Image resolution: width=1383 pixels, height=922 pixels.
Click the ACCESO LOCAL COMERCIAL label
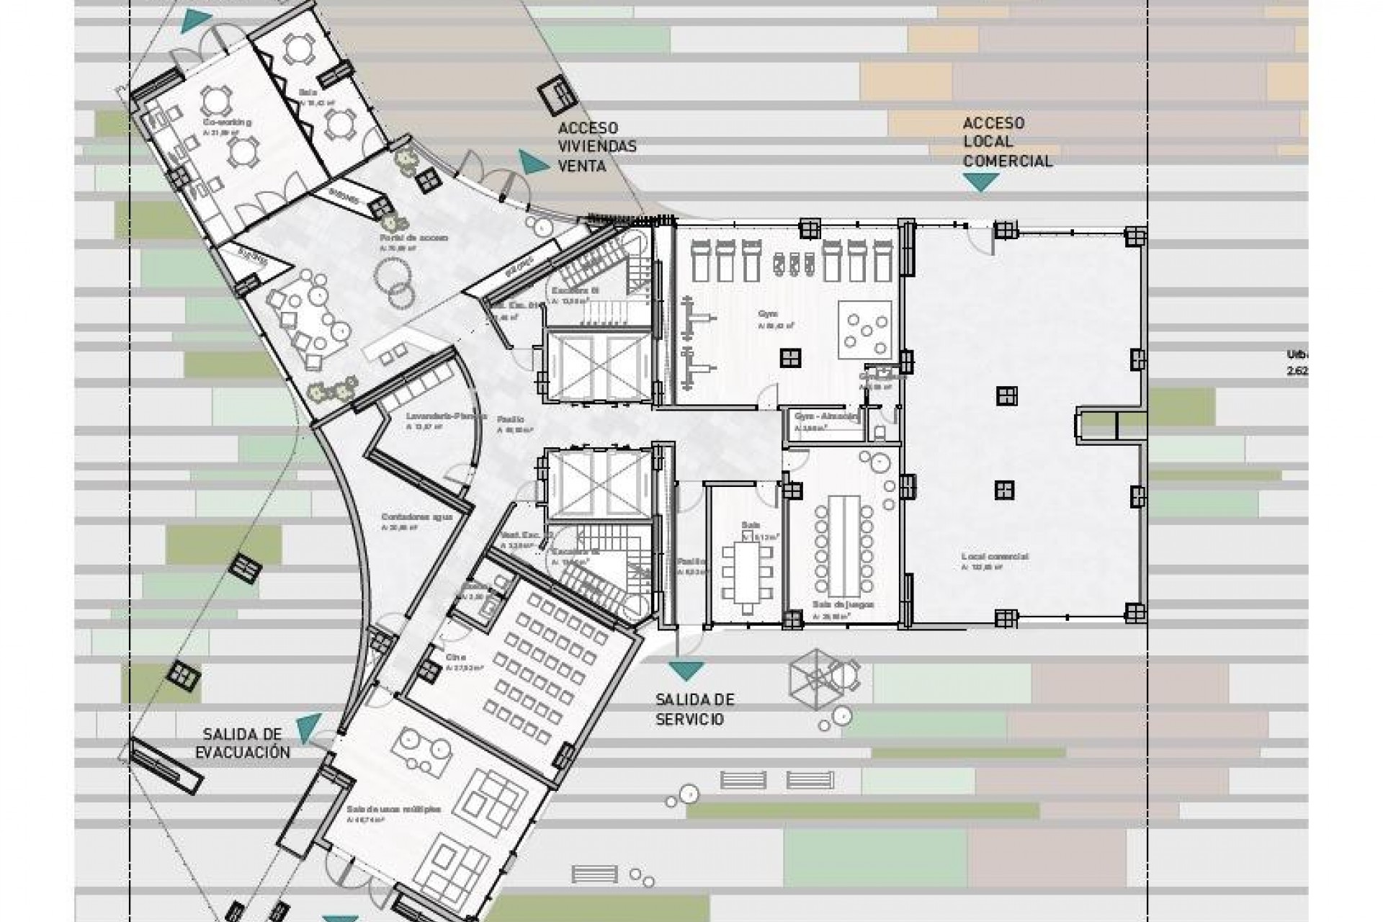tap(1007, 143)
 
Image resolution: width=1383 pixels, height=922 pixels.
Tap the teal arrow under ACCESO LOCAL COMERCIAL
tap(980, 182)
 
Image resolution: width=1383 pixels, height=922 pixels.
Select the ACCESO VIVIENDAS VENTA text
tap(597, 147)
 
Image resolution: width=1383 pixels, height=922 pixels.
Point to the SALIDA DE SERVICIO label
tap(694, 710)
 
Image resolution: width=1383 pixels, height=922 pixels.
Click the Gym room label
tap(766, 315)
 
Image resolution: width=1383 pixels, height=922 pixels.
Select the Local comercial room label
tap(995, 557)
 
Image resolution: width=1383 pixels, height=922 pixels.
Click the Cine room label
tap(456, 657)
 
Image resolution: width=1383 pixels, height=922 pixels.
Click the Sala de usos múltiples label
tap(393, 809)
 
